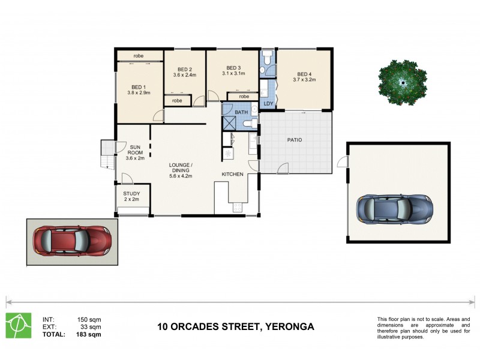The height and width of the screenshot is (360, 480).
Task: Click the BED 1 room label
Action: coord(139,85)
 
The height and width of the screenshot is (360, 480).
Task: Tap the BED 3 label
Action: coord(233,68)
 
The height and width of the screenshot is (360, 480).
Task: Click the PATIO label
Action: coord(294,140)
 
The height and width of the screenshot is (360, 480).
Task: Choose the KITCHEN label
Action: coord(232,174)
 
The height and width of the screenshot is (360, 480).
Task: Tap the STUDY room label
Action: coord(132,193)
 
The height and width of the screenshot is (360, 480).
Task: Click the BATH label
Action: coord(241,112)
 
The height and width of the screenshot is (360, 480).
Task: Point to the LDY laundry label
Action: coord(268,104)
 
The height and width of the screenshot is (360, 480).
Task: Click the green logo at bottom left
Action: coord(19,325)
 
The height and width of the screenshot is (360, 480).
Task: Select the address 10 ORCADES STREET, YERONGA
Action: coord(235,327)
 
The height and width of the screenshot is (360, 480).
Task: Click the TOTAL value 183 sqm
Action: coord(89,334)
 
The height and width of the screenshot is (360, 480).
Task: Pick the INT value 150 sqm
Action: coord(89,319)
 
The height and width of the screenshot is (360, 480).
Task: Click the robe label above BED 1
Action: coord(139,55)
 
